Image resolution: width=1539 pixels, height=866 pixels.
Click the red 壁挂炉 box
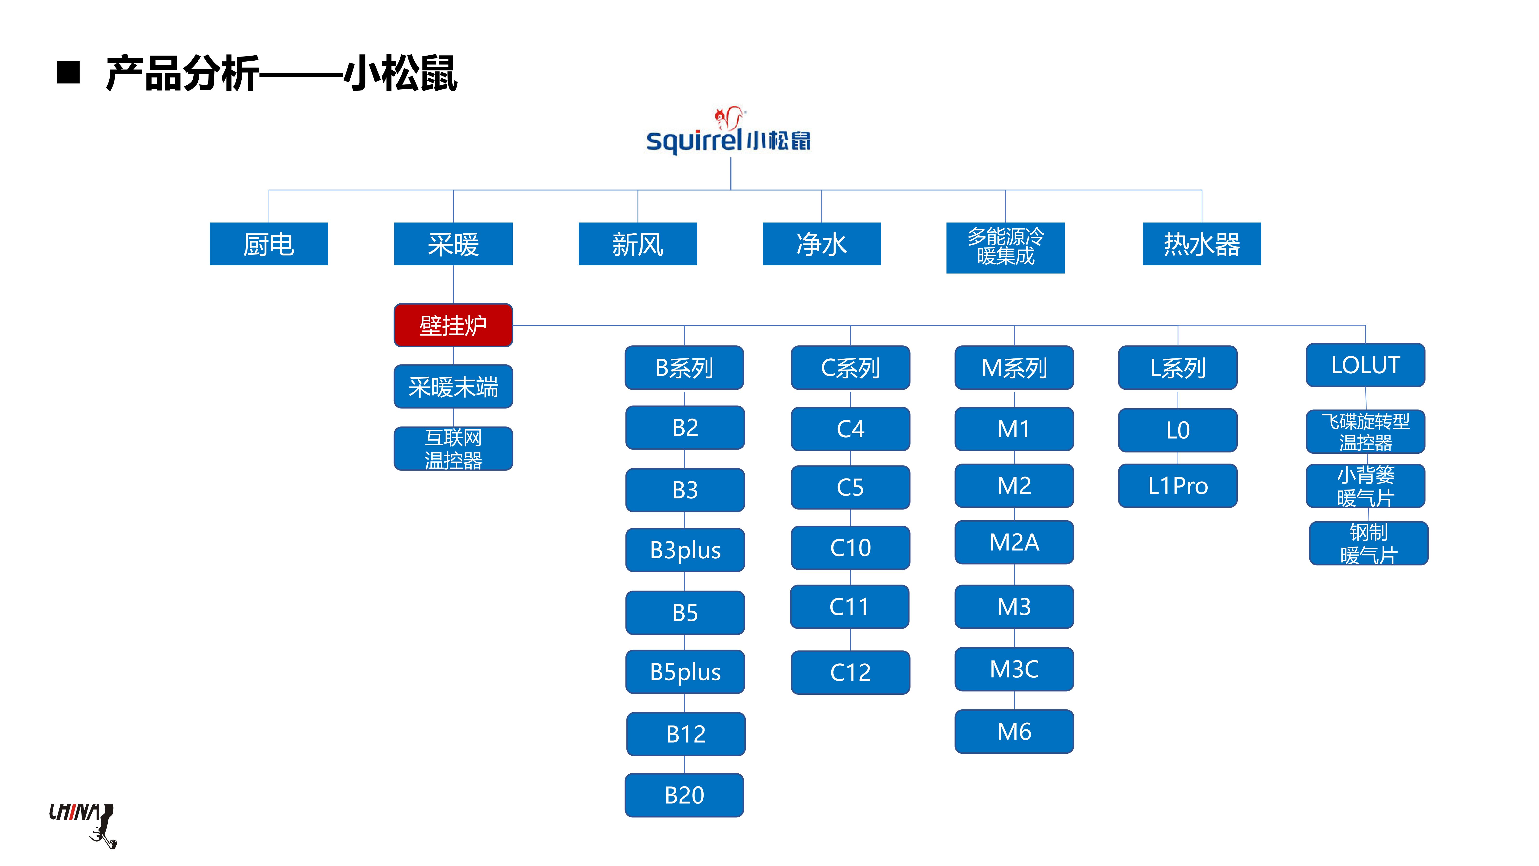453,325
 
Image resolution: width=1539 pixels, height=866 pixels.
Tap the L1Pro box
1178,485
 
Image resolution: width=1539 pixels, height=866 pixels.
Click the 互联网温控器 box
453,448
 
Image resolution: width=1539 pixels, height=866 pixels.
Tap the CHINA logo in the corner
82,824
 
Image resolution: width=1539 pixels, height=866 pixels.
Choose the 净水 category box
821,244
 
